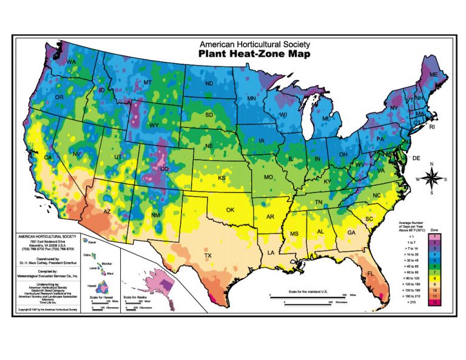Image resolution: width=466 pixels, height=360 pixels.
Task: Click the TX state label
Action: pos(208,256)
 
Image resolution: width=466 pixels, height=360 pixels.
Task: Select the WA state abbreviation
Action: pos(71,63)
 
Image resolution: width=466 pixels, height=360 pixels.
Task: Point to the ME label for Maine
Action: pos(433,74)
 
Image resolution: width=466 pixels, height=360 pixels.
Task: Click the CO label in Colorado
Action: pos(164,169)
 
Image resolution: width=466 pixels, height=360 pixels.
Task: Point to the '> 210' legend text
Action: pos(407,302)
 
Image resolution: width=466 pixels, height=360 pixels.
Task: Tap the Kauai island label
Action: pos(95,249)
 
